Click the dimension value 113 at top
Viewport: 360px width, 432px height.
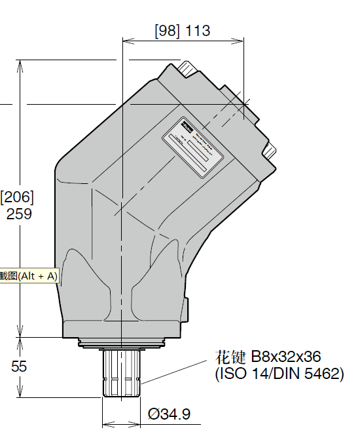(198, 31)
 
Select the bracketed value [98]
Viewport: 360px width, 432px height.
(168, 31)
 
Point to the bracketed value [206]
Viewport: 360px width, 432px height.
(18, 196)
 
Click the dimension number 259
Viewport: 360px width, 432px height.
(19, 214)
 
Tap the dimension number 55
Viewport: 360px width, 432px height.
(19, 367)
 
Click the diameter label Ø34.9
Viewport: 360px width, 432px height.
(169, 414)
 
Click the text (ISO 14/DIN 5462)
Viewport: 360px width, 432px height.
(279, 374)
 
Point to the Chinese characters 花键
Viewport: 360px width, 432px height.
(231, 357)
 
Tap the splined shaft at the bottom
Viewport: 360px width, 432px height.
(122, 373)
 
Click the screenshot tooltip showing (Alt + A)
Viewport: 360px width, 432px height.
(29, 276)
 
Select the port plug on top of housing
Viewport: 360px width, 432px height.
(189, 69)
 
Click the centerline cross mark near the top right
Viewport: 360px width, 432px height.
(243, 103)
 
